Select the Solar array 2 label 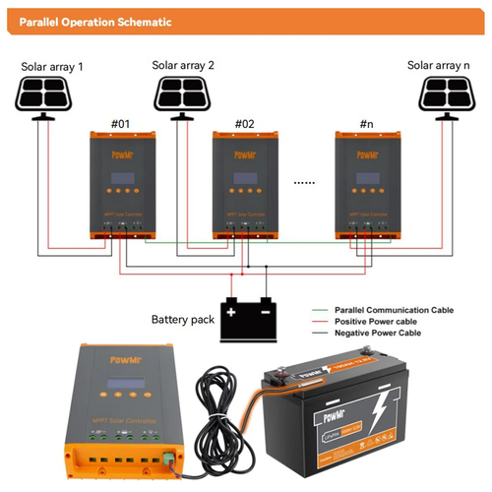coord(183,66)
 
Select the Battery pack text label coord(184,320)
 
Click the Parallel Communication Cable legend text coord(394,310)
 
